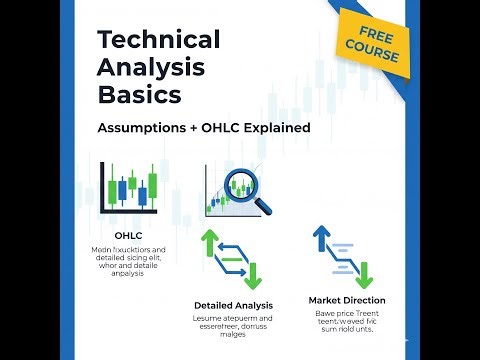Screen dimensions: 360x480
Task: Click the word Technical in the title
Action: tap(158, 40)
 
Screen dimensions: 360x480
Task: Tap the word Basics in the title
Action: tap(140, 96)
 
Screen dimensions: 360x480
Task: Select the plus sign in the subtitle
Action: tap(199, 128)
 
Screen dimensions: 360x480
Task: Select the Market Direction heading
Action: tap(346, 299)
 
